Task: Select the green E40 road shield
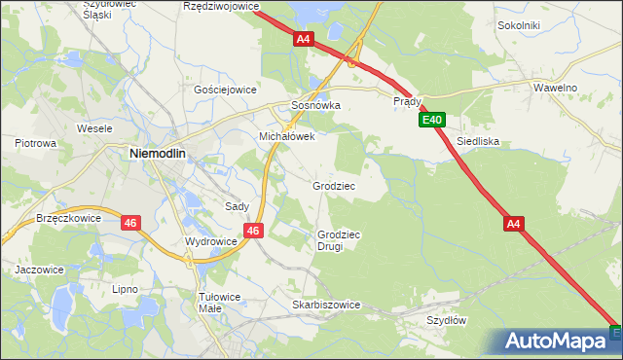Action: (x=433, y=121)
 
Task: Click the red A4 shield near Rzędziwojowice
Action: (x=304, y=39)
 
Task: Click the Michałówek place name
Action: (x=286, y=137)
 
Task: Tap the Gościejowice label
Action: (x=225, y=89)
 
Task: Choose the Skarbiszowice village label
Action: (x=326, y=305)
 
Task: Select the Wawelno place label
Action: (x=556, y=88)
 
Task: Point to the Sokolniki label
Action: (x=518, y=25)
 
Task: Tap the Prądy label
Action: (x=407, y=101)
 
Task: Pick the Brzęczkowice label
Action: (x=68, y=219)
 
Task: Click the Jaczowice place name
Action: (x=39, y=270)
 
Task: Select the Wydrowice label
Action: (x=211, y=241)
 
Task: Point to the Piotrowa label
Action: (x=36, y=143)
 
